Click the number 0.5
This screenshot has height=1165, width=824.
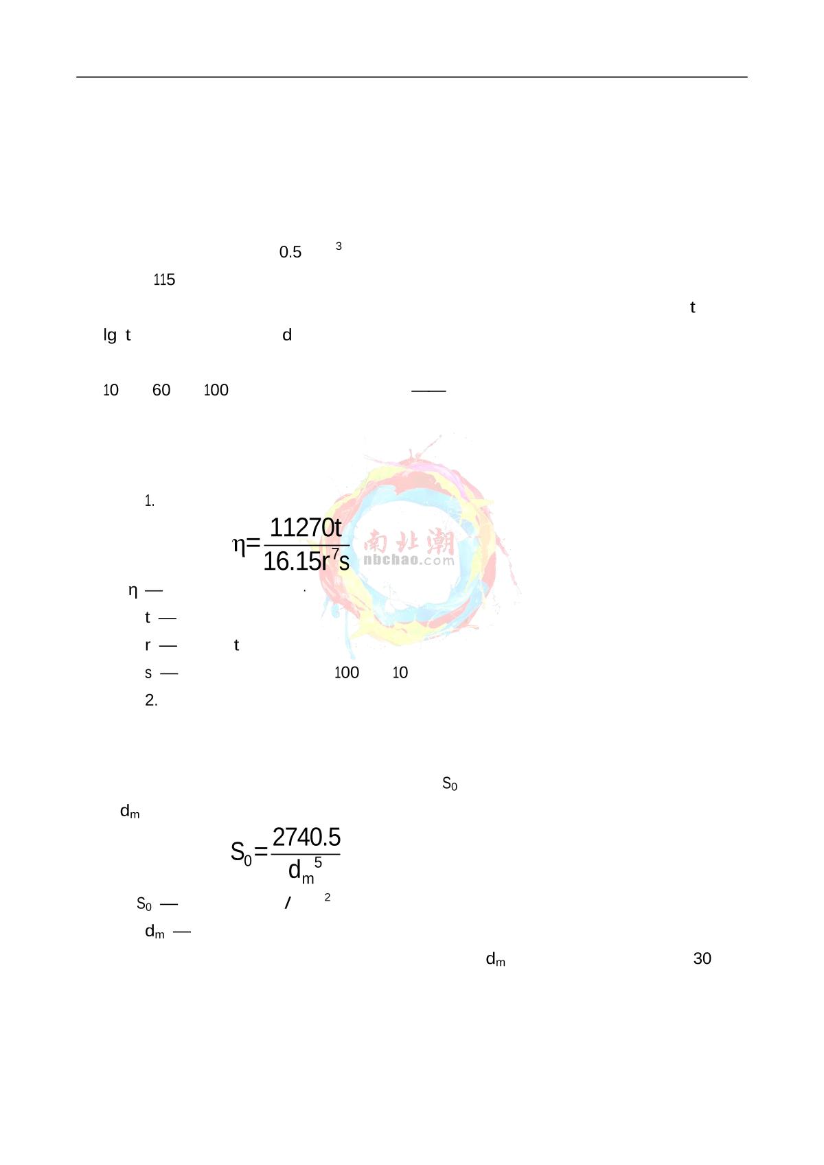pyautogui.click(x=290, y=252)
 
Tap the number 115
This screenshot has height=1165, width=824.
pyautogui.click(x=164, y=280)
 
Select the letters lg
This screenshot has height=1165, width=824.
pyautogui.click(x=110, y=336)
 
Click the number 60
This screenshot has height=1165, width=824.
pyautogui.click(x=161, y=390)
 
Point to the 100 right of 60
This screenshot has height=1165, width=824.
pyautogui.click(x=216, y=390)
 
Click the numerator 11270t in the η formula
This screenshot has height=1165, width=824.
pyautogui.click(x=306, y=528)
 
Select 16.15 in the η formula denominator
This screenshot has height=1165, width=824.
pyautogui.click(x=293, y=562)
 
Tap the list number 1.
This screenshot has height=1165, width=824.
pyautogui.click(x=150, y=501)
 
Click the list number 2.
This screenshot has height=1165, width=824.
pyautogui.click(x=151, y=700)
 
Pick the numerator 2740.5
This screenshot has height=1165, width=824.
pyautogui.click(x=306, y=838)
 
